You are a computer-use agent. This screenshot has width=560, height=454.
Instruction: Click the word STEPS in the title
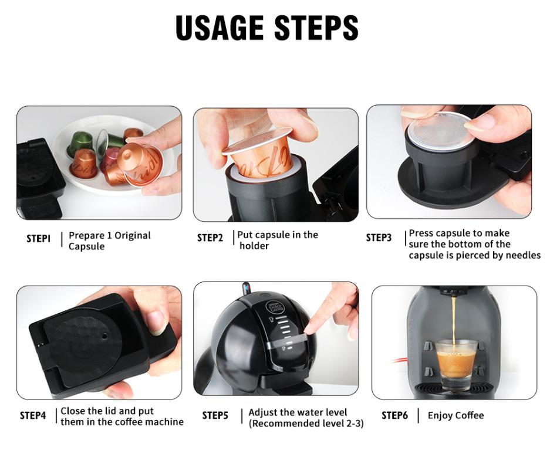pyautogui.click(x=316, y=28)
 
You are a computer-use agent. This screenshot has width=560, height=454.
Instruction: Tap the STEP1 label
pyautogui.click(x=39, y=238)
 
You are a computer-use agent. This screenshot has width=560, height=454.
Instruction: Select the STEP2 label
pyautogui.click(x=210, y=238)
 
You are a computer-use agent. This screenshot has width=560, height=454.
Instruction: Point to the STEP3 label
pyautogui.click(x=379, y=238)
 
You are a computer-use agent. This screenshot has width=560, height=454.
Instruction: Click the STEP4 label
pyautogui.click(x=33, y=415)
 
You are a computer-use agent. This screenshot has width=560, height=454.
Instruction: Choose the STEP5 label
pyautogui.click(x=215, y=415)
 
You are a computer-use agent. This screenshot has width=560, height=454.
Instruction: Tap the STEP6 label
pyautogui.click(x=394, y=415)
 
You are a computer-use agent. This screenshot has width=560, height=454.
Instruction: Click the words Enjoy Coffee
pyautogui.click(x=456, y=415)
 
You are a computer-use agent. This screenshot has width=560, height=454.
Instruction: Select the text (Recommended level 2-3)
pyautogui.click(x=306, y=423)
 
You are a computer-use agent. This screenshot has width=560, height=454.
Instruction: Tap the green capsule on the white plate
pyautogui.click(x=81, y=142)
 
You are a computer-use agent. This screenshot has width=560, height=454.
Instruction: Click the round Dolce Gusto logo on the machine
pyautogui.click(x=272, y=307)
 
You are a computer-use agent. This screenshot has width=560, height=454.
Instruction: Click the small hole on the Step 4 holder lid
pyautogui.click(x=104, y=336)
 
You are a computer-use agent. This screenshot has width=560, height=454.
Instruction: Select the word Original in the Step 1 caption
pyautogui.click(x=133, y=236)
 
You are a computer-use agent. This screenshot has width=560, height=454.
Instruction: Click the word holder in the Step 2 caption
pyautogui.click(x=254, y=246)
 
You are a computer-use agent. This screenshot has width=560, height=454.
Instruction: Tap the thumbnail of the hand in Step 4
pyautogui.click(x=157, y=322)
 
